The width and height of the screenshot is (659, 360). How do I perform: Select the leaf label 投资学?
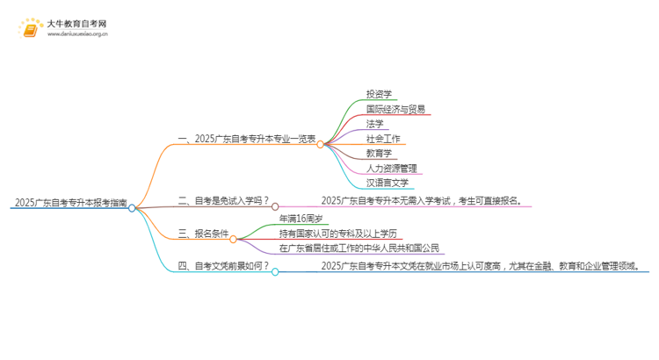pos(380,94)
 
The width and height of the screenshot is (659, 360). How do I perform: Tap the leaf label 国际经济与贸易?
pos(395,109)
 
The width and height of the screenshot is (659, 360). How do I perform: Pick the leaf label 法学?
pos(375,124)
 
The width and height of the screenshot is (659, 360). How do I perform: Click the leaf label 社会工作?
pos(383,139)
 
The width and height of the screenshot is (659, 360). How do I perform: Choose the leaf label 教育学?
pos(380,153)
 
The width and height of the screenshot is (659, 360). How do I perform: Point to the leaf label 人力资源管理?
pos(391,168)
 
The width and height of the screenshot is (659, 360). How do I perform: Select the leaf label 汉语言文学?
pos(387,183)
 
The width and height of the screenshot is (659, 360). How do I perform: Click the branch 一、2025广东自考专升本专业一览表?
pos(247,139)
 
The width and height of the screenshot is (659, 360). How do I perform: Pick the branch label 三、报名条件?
pos(204,233)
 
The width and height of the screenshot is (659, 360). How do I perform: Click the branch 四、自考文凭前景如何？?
pos(223,265)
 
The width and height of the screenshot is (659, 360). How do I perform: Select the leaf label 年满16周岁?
pos(302,218)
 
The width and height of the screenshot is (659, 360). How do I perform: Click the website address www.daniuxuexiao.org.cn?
pos(77,35)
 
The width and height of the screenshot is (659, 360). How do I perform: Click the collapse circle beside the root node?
pos(132,208)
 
